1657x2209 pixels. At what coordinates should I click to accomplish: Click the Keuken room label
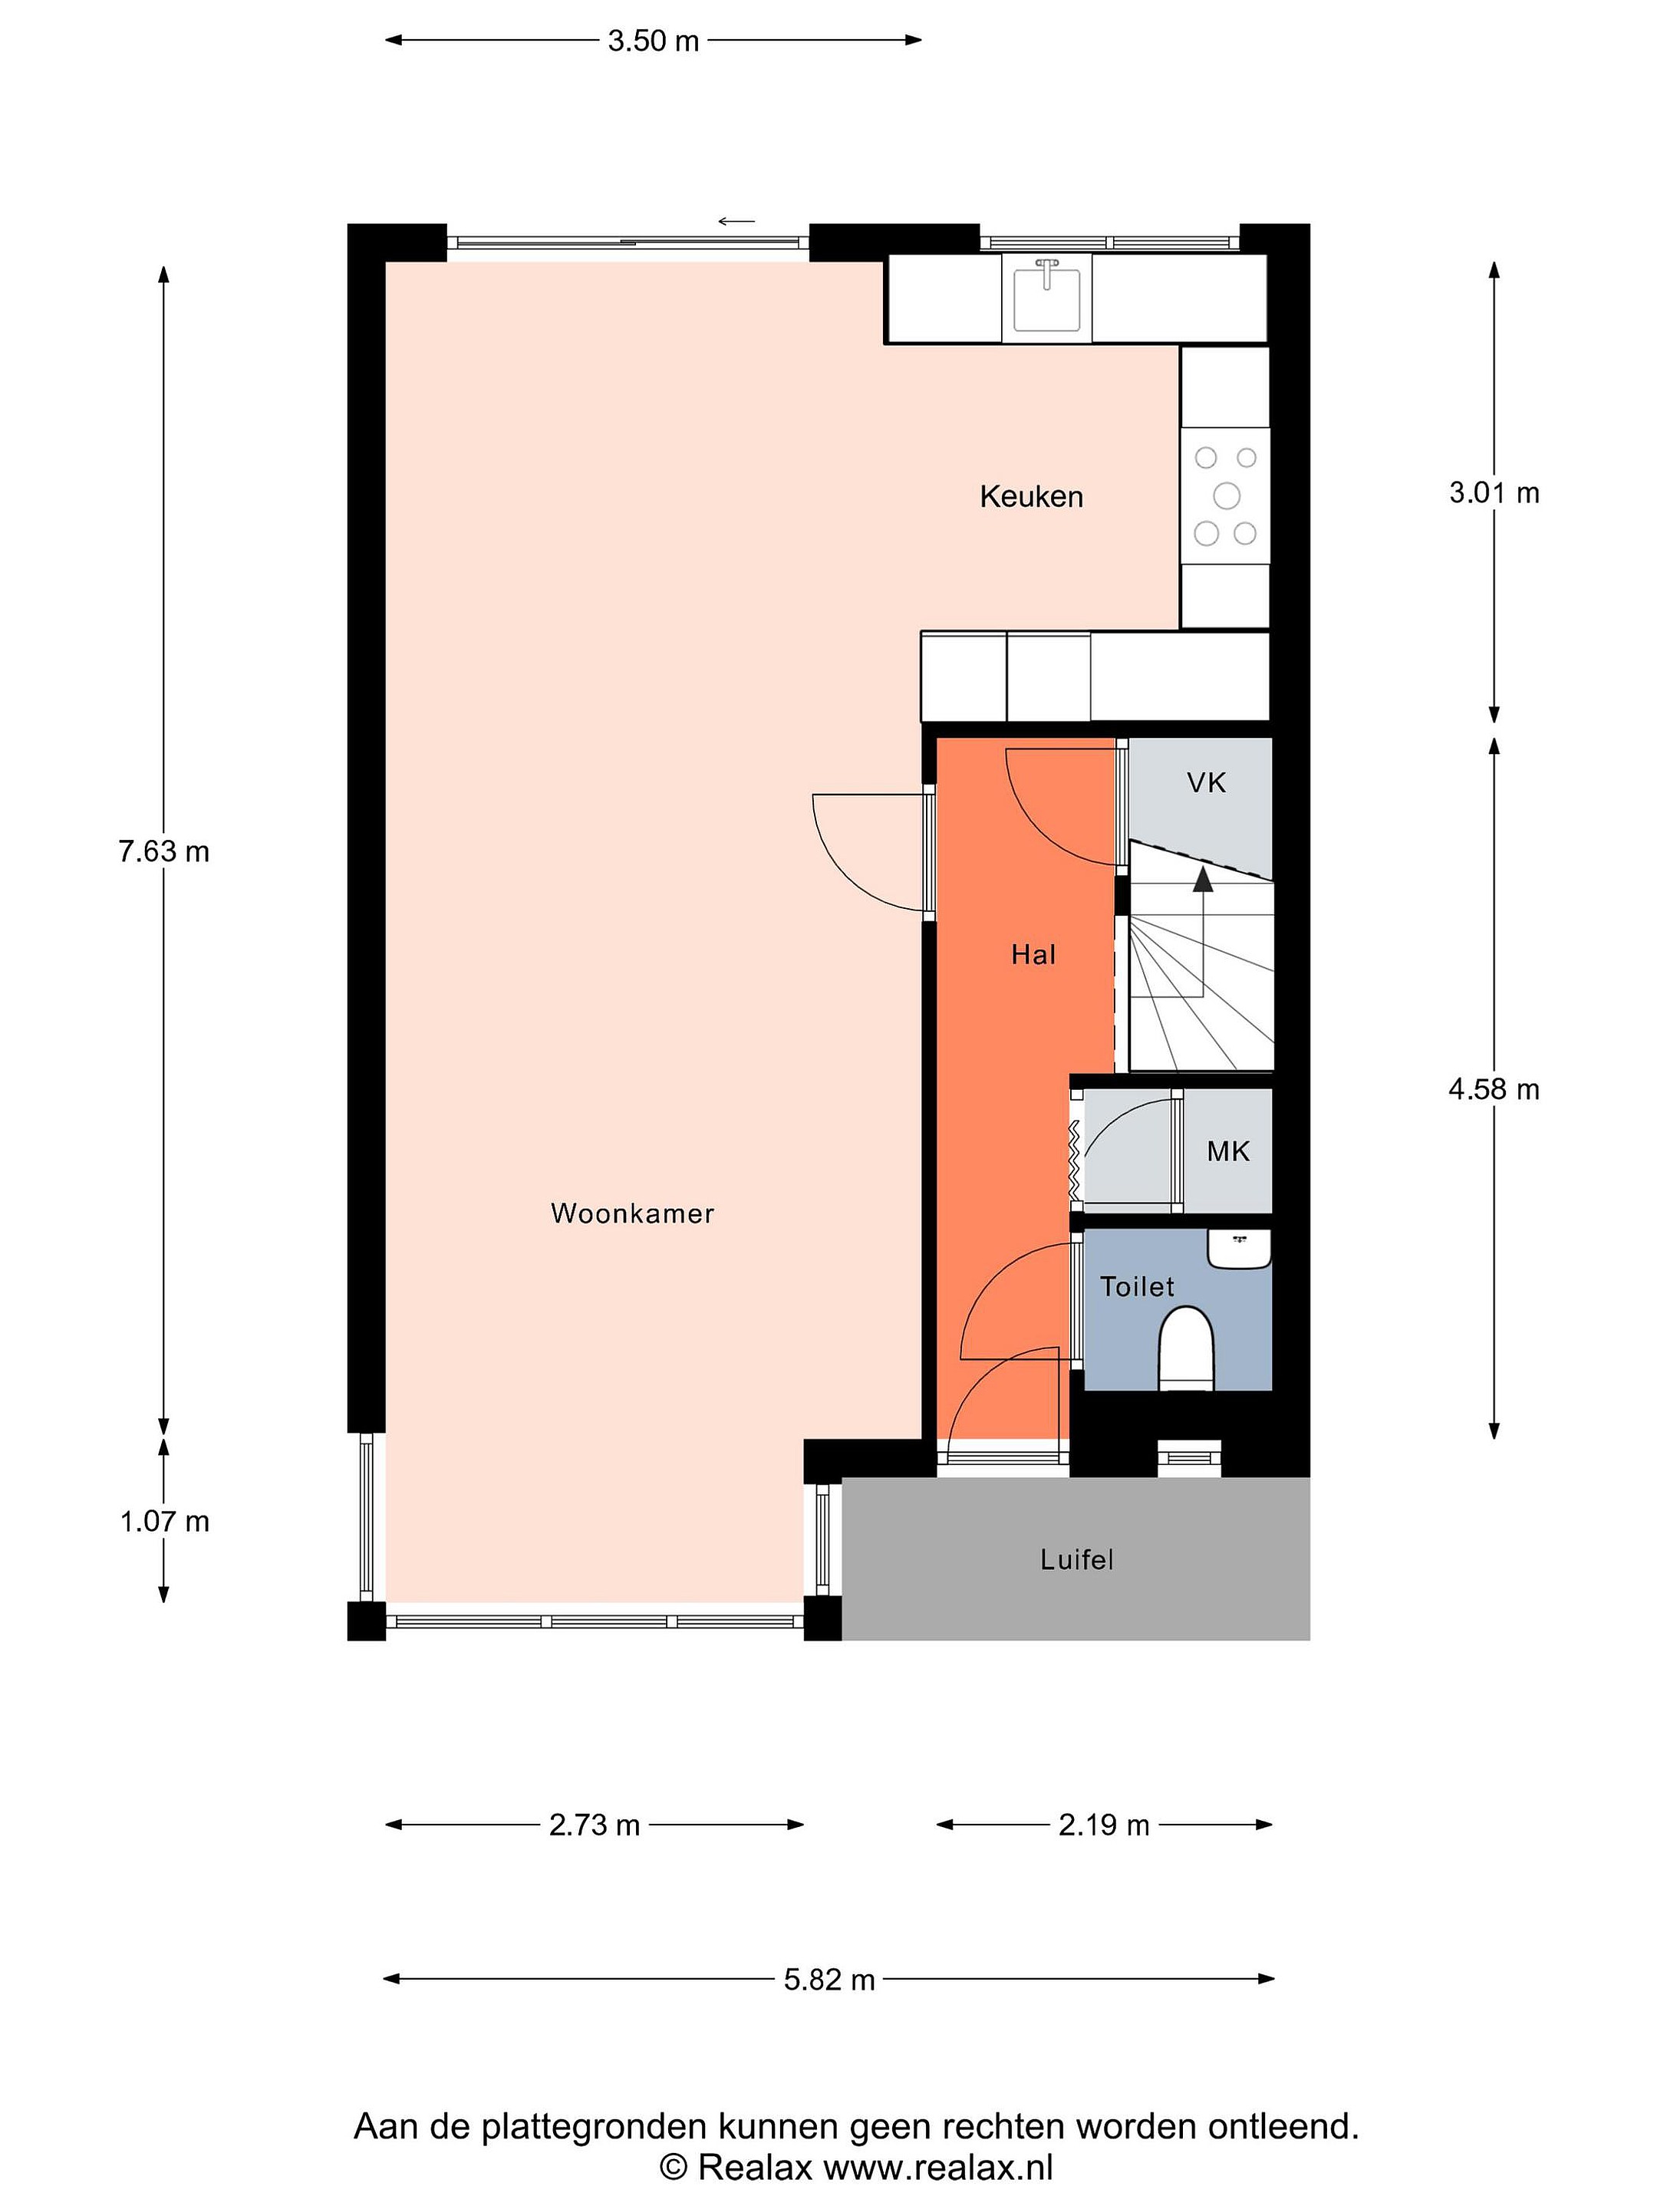pos(1031,496)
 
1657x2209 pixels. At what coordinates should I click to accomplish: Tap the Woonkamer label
pos(632,1213)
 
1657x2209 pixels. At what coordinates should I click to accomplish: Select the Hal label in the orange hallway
pos(1033,955)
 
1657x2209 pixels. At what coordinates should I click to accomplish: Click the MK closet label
pos(1227,1151)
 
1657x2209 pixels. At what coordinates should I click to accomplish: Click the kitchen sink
pos(1046,297)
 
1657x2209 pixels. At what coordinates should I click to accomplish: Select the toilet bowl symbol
pos(1185,1349)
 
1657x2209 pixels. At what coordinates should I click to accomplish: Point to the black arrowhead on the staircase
pos(1203,879)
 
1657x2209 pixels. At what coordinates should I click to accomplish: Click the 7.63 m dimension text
pos(164,851)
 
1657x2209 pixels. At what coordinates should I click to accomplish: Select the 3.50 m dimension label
pos(654,41)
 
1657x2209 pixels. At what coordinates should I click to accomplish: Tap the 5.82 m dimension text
pos(829,1980)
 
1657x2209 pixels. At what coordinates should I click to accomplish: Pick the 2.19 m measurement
pos(1104,1825)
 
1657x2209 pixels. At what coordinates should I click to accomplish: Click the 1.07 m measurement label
pos(165,1521)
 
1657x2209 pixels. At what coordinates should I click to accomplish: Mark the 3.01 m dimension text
pos(1494,492)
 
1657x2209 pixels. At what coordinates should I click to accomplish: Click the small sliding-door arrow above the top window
pos(736,222)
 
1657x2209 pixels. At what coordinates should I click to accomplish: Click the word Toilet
pos(1137,1286)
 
